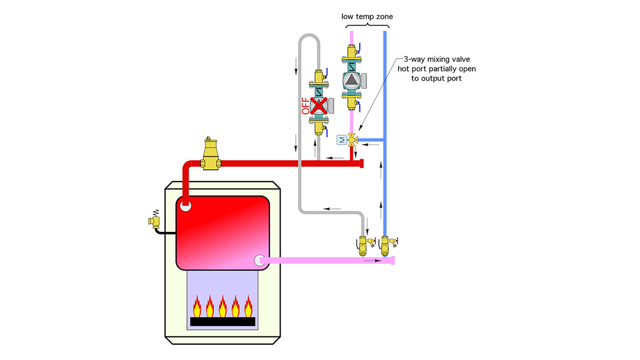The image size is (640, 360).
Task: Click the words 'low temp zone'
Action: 367,16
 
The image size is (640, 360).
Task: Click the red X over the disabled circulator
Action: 318,105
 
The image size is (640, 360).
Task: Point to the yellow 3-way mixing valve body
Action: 351,140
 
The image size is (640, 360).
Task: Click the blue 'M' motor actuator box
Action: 341,140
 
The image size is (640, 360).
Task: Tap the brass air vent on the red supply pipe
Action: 208,154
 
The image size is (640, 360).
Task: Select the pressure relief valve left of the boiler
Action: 154,220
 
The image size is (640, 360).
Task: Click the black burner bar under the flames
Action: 223,322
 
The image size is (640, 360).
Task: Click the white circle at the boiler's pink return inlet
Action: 259,261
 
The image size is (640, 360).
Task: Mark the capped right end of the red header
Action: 361,163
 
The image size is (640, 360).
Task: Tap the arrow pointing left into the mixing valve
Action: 372,145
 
